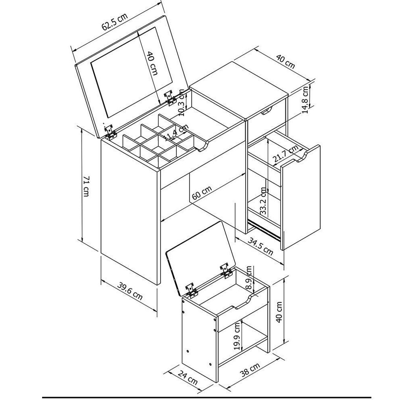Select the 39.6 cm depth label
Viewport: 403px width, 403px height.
coord(130,292)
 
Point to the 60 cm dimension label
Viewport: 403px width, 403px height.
coord(202,193)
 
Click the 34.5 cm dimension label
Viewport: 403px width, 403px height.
coord(261,247)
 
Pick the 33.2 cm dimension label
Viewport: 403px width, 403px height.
coord(263,201)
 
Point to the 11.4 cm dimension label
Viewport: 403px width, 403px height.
coord(176,133)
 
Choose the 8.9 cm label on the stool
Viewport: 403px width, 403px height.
coord(249,277)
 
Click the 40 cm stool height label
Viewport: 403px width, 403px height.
coord(279,311)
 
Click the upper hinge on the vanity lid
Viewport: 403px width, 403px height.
coord(170,98)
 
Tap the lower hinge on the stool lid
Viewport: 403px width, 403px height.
coord(192,290)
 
